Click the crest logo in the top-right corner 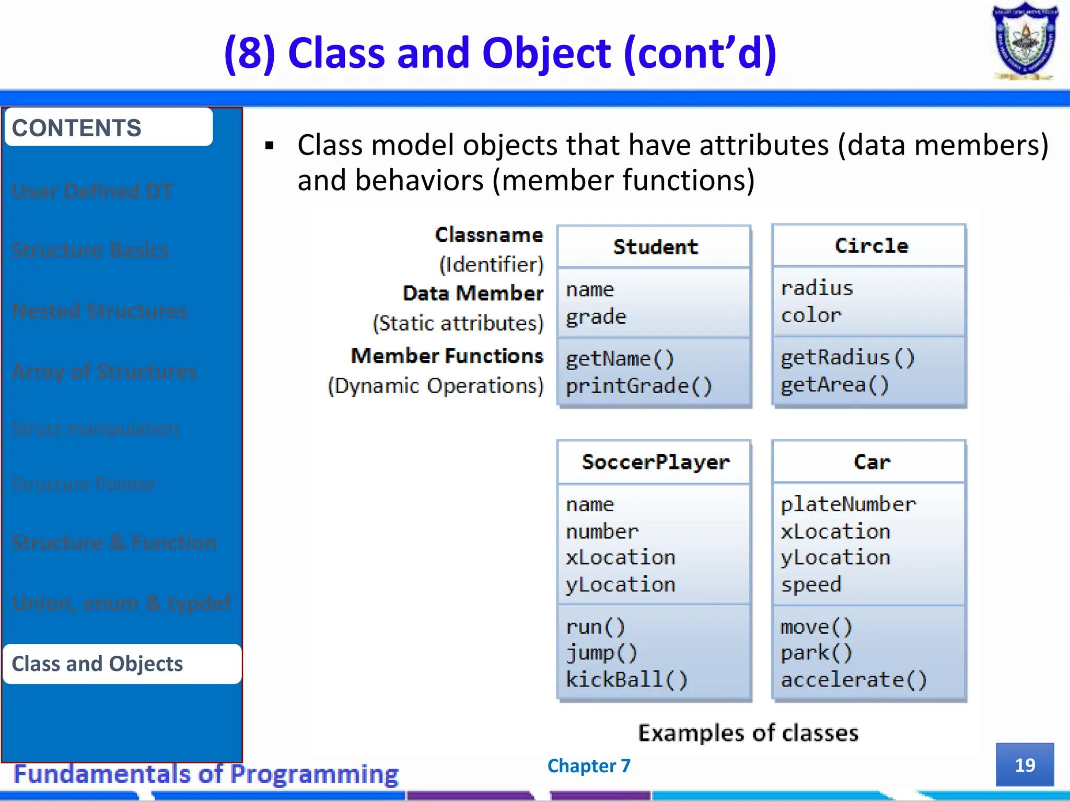tap(1025, 42)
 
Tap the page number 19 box tap(1025, 764)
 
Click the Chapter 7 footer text tap(589, 765)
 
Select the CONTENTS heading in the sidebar tap(77, 128)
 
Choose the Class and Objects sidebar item tap(98, 664)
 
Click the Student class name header tap(655, 247)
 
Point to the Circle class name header tap(871, 246)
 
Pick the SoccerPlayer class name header tap(655, 462)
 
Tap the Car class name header tap(871, 462)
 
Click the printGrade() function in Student tap(638, 386)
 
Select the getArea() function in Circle tap(834, 385)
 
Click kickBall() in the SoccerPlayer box tap(626, 679)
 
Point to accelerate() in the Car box tap(853, 679)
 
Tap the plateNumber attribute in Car tap(847, 504)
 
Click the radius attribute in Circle tap(817, 288)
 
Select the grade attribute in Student tap(596, 316)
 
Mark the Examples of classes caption tap(748, 733)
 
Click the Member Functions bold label tap(447, 356)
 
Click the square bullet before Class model tap(270, 146)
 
